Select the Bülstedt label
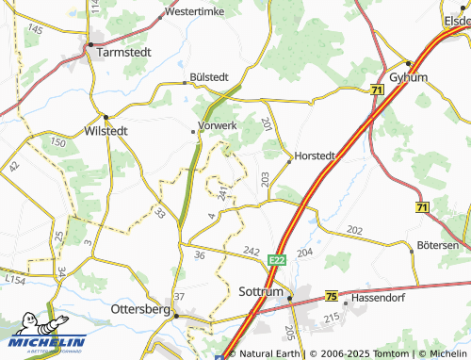[x=208, y=77]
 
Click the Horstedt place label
[x=315, y=155]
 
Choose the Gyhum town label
[x=408, y=76]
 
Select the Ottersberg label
[x=139, y=309]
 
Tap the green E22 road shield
[x=275, y=259]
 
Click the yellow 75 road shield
[x=331, y=296]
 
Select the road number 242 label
[x=251, y=251]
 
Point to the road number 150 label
[x=58, y=142]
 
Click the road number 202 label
[x=354, y=230]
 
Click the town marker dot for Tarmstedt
[x=90, y=44]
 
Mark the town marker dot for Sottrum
[x=290, y=300]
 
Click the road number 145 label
[x=35, y=30]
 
